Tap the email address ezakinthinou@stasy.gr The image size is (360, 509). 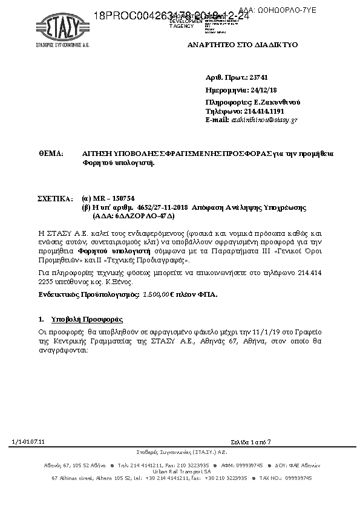click(264, 120)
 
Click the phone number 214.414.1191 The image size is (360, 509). click(263, 111)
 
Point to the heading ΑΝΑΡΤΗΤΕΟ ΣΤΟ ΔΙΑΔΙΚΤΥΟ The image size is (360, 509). click(251, 45)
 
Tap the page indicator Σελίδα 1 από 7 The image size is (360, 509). click(251, 443)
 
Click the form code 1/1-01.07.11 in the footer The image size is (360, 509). click(28, 443)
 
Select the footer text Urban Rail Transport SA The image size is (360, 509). click(182, 472)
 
